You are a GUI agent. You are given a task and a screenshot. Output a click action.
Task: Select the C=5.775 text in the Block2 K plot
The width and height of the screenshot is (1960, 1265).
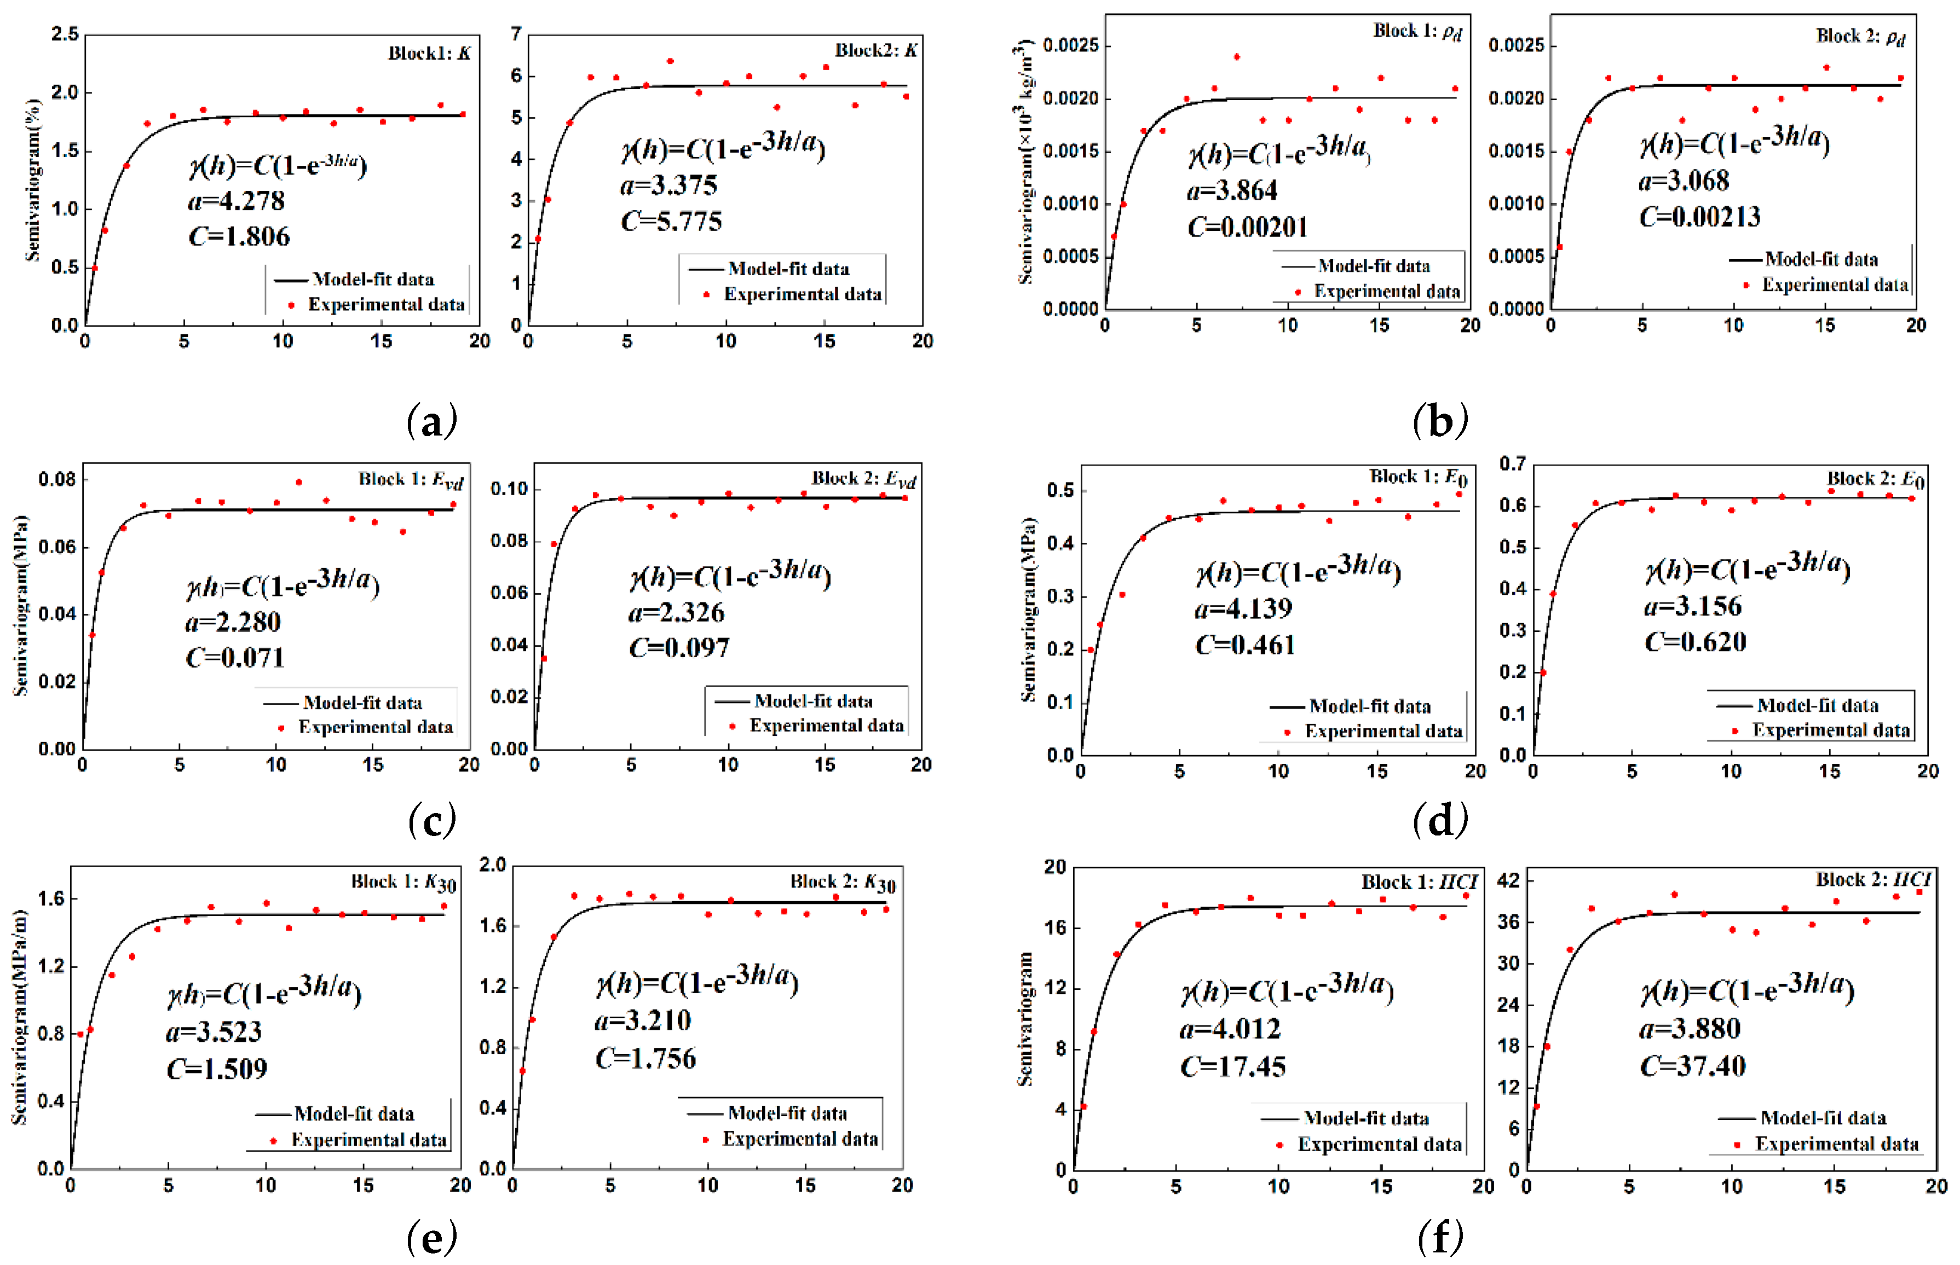coord(671,221)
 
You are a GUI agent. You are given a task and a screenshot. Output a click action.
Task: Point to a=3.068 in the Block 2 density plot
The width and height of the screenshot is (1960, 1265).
coord(1684,180)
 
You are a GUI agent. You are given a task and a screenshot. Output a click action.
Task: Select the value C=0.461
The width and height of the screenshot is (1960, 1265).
coord(1245,645)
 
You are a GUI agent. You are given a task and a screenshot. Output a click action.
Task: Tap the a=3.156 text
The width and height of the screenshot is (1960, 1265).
coord(1693,606)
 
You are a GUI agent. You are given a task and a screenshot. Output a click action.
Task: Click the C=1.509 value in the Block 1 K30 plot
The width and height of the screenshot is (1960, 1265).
coord(217,1068)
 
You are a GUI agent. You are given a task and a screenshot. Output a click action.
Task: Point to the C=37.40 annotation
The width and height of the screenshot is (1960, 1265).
coord(1693,1066)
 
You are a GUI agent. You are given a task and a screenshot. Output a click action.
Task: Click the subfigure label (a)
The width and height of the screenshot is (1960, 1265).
coord(431,421)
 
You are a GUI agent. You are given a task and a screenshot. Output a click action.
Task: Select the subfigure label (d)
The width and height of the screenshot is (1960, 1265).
coord(1440,819)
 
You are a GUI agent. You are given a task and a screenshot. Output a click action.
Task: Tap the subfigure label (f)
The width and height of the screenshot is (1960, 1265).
coord(1440,1236)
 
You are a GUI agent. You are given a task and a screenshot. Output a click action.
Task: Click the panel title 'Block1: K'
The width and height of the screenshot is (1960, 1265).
coord(429,54)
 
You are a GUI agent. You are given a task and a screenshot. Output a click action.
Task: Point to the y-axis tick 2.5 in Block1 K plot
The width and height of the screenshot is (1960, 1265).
coord(65,34)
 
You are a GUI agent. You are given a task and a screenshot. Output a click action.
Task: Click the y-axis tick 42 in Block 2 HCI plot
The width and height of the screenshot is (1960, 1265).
coord(1509,880)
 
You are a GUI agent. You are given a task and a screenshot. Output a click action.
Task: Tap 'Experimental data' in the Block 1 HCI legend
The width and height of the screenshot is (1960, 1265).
coord(1379,1144)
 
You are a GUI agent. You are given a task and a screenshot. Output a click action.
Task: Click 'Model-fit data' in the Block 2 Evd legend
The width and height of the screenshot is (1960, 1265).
coord(813,701)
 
